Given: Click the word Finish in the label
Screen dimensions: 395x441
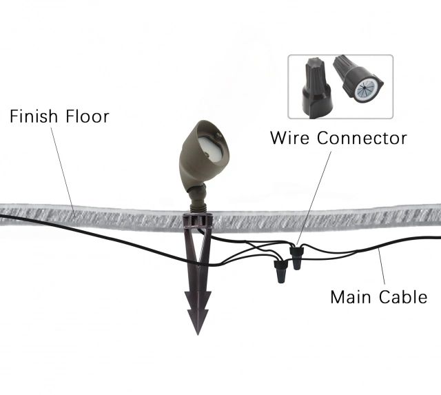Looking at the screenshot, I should coord(32,116).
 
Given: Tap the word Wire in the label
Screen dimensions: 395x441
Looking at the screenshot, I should coord(290,138).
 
